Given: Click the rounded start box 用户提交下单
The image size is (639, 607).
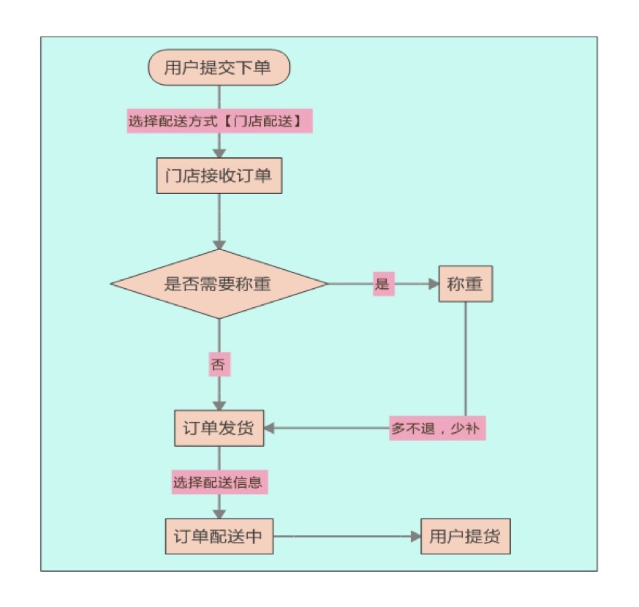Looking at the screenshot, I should pyautogui.click(x=219, y=68).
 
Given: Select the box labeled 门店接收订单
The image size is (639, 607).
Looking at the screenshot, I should pyautogui.click(x=219, y=176).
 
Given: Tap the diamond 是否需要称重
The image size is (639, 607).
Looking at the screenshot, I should pyautogui.click(x=219, y=284).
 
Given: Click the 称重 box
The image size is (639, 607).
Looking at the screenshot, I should pyautogui.click(x=465, y=284).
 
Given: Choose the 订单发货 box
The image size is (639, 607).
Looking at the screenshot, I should pyautogui.click(x=219, y=429).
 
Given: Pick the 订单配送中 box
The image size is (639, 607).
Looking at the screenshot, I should pyautogui.click(x=219, y=537).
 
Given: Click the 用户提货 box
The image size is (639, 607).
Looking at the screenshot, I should pyautogui.click(x=464, y=537).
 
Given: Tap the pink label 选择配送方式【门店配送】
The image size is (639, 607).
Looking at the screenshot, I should pyautogui.click(x=219, y=121).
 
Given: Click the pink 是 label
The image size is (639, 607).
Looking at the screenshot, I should pyautogui.click(x=382, y=284).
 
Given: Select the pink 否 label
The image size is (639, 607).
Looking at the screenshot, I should pyautogui.click(x=219, y=365).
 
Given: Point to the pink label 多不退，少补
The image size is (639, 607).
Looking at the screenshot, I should pyautogui.click(x=436, y=429).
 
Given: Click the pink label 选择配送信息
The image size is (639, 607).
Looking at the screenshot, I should pyautogui.click(x=217, y=483).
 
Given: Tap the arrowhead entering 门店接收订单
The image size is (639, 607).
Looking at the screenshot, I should pyautogui.click(x=219, y=152).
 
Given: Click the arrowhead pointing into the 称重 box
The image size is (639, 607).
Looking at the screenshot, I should pyautogui.click(x=431, y=284).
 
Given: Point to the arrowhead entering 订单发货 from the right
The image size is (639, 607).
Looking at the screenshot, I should pyautogui.click(x=269, y=429).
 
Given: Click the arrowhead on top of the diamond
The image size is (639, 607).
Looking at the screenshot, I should pyautogui.click(x=219, y=244).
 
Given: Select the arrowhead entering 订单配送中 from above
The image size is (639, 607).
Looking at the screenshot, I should pyautogui.click(x=219, y=513).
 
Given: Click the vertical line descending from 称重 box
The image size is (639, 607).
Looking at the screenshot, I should pyautogui.click(x=465, y=358).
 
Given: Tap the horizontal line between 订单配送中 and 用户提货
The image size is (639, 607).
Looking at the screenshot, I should pyautogui.click(x=344, y=537).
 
